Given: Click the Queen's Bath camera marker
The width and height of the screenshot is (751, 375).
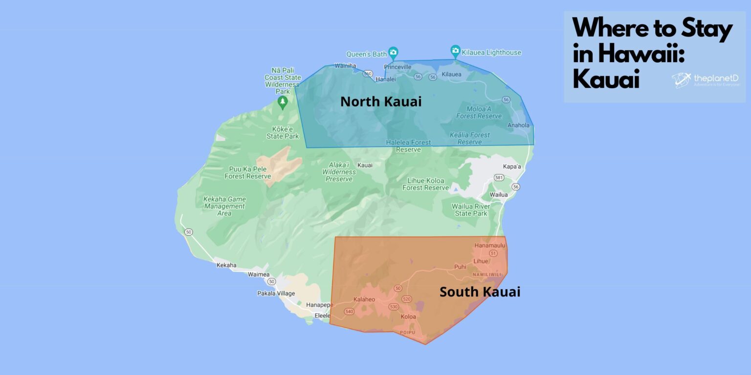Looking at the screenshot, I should coord(393,52).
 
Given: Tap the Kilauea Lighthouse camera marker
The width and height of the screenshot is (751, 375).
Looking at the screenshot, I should coord(455,51).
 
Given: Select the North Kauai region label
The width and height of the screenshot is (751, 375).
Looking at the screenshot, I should coord(380,102).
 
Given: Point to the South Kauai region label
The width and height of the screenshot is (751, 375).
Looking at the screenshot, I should coord(480,292).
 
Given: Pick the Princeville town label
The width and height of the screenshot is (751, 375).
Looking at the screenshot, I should coord(398,66).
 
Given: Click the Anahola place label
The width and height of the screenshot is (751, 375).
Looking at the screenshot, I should coord(518,125).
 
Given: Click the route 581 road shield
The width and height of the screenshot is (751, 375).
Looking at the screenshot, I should coord(499,178).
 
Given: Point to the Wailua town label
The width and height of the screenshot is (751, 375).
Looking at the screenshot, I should coord(499,195).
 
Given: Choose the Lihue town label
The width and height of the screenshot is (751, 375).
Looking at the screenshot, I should coord(481,261).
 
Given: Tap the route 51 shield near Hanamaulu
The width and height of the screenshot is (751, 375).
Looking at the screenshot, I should coord(493,253).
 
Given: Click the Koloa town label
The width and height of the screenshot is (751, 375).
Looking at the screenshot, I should coord(408,316).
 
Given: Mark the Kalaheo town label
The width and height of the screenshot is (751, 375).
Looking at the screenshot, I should coord(364,299).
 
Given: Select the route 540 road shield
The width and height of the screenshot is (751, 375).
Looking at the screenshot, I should coord(349,311).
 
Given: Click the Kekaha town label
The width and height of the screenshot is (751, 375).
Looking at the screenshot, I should coord(226,265).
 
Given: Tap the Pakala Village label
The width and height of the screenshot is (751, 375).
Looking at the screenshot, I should coord(276,293).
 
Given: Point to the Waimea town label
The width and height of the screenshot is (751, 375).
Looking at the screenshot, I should coord(258,274).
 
